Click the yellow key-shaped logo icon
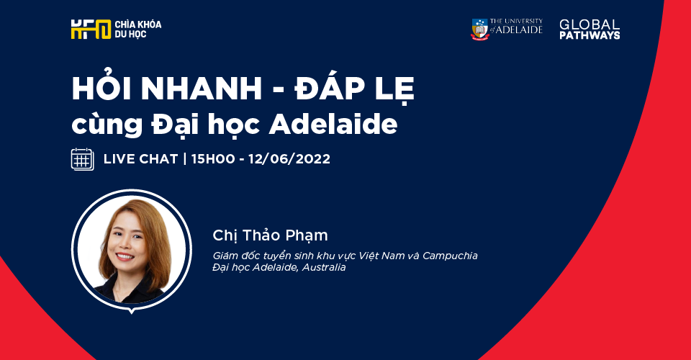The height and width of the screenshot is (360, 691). [x=91, y=29]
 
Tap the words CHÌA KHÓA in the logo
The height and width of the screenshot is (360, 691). [x=138, y=24]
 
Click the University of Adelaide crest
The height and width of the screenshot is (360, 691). [x=480, y=30]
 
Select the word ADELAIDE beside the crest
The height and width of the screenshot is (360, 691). [x=519, y=30]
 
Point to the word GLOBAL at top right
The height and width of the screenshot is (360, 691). [x=590, y=24]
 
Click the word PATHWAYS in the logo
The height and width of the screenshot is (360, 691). [x=590, y=35]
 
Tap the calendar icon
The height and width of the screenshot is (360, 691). [x=82, y=159]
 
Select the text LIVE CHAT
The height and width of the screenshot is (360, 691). [x=140, y=159]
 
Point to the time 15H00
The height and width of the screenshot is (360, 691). [x=213, y=159]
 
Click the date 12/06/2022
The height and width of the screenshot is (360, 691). [x=289, y=159]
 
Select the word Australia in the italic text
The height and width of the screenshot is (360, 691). [x=323, y=267]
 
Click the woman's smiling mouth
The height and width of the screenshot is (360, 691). [x=125, y=256]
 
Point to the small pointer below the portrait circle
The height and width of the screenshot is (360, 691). [x=131, y=312]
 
